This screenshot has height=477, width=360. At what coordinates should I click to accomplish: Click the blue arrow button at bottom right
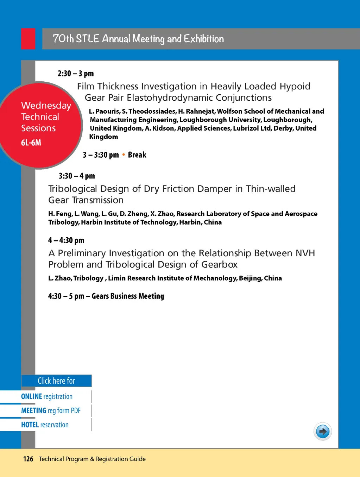tap(322, 432)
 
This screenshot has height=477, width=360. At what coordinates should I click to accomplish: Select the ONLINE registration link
tap(47, 397)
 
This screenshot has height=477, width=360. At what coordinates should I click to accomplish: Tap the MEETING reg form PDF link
tap(51, 411)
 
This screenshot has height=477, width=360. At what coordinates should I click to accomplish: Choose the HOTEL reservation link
tap(45, 425)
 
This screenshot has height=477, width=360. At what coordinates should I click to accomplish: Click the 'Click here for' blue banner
tap(56, 381)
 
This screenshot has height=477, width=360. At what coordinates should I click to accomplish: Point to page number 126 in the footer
tap(28, 459)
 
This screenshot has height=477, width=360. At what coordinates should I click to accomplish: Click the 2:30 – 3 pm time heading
tap(76, 74)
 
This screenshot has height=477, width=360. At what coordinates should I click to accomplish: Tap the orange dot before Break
tap(124, 155)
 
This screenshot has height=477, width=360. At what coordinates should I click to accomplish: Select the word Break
tap(137, 155)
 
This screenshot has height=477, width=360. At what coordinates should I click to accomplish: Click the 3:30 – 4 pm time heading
tap(77, 176)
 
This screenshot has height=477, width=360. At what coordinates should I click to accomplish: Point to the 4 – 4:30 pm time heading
tap(66, 240)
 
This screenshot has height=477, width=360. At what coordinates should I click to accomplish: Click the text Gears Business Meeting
tap(128, 296)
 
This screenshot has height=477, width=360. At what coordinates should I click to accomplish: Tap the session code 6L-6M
tap(31, 143)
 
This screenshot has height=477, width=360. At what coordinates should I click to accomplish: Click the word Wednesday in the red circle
tap(46, 106)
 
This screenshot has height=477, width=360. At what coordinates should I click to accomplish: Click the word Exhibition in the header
tap(204, 39)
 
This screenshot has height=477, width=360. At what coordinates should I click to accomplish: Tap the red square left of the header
tap(28, 39)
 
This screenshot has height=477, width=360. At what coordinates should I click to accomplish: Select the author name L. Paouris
tap(104, 112)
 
